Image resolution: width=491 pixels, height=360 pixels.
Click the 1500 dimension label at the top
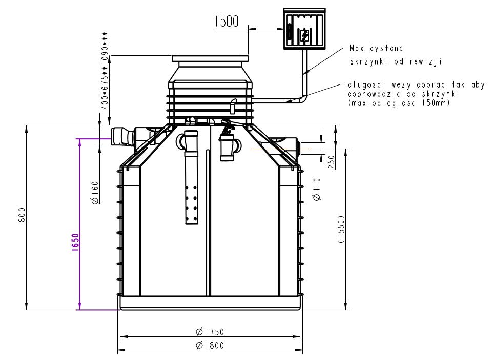point(227,22)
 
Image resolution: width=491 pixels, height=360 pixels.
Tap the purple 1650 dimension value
point(75,242)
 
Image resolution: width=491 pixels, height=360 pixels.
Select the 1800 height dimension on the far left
point(22,217)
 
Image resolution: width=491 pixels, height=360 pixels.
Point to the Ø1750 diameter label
point(210,331)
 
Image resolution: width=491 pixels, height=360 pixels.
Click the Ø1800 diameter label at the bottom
point(210,345)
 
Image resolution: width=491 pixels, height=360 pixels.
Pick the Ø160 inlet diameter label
point(95,193)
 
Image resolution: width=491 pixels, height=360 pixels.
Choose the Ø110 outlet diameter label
point(317,189)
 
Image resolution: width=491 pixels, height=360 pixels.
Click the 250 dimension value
point(331,162)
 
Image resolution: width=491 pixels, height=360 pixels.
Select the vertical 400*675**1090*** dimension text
point(105,70)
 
